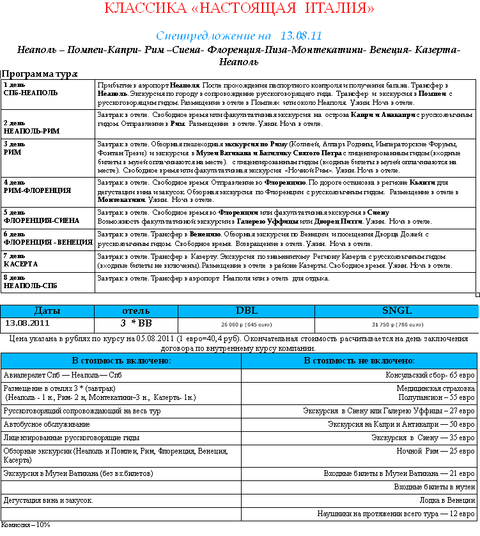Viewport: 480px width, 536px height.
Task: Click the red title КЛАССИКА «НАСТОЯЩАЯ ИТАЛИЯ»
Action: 239,9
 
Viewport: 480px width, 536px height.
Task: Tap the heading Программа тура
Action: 40,74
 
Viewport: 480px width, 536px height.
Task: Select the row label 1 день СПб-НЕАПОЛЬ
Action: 31,89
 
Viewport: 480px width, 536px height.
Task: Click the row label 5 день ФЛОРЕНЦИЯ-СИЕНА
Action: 42,217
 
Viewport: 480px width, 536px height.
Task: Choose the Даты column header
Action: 47,310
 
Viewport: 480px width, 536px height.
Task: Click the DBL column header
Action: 247,310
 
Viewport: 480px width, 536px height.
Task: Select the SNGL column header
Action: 396,310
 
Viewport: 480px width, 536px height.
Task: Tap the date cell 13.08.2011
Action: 27,323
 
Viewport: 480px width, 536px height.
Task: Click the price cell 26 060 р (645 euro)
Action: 247,324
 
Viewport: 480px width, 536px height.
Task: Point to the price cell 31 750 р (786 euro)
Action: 396,324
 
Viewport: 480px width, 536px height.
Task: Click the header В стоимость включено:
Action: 121,361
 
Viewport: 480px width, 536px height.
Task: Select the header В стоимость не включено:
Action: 359,361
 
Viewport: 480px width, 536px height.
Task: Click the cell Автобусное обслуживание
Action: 47,424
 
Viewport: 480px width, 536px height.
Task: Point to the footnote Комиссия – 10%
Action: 26,525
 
